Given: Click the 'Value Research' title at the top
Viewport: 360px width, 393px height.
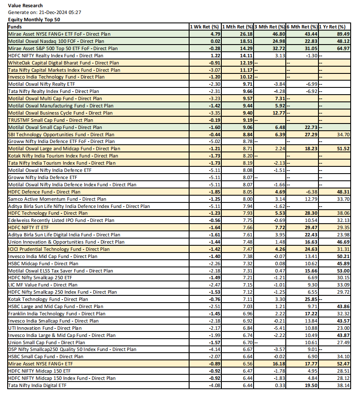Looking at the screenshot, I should tap(25, 6).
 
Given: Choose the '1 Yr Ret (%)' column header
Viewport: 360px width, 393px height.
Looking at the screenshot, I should tap(332, 27).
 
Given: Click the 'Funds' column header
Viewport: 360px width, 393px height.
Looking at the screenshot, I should tap(16, 27).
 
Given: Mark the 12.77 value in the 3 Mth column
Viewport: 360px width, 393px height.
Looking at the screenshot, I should tap(278, 113).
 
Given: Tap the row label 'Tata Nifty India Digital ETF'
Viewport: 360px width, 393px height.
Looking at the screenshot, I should tap(38, 385).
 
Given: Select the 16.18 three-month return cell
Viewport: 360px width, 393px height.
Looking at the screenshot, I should tap(278, 364).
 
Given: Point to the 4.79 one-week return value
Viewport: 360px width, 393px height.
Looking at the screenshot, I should tap(216, 34).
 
